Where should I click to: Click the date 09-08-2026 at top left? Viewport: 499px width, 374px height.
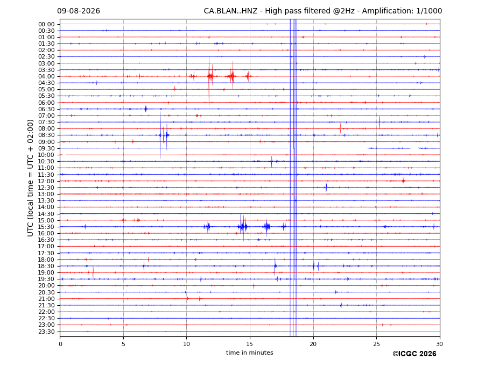point(79,11)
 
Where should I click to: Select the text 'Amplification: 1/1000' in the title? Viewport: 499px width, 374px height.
point(402,11)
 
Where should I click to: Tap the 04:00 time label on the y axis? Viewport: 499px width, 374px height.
point(46,77)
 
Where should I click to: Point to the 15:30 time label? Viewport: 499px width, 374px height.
point(46,227)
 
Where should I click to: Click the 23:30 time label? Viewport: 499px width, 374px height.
point(46,332)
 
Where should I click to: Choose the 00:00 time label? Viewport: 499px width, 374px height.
point(46,25)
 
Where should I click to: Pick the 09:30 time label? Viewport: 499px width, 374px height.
point(46,148)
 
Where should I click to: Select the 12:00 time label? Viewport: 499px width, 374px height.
point(46,181)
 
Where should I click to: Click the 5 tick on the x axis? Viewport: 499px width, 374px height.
point(123,344)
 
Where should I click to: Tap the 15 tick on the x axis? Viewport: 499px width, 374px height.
point(250,344)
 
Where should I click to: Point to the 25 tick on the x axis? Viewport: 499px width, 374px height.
point(376,344)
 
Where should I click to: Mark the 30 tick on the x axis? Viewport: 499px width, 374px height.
point(439,344)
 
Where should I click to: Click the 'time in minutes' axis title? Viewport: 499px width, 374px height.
point(250,353)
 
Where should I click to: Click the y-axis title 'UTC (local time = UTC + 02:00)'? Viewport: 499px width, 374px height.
point(30,178)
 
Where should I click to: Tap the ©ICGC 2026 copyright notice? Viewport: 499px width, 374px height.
point(414,354)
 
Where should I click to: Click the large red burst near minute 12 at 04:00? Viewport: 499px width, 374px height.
point(210,77)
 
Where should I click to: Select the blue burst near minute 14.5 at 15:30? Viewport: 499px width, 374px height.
point(242,227)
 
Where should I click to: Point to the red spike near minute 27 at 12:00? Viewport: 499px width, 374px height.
point(403,181)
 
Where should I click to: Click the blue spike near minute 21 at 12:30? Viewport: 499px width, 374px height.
point(326,188)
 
